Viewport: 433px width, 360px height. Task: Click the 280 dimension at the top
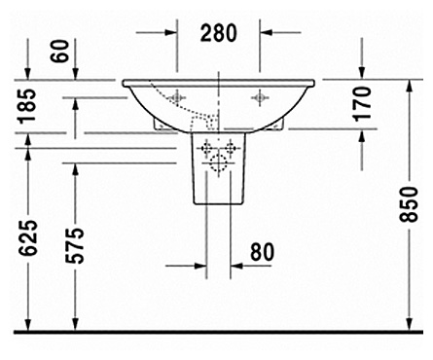point(219,33)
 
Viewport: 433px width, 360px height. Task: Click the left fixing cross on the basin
point(178,97)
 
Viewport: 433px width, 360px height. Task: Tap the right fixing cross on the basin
point(260,97)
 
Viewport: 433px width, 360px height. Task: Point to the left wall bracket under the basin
point(159,125)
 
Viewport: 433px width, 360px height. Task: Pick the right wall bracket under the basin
point(279,125)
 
